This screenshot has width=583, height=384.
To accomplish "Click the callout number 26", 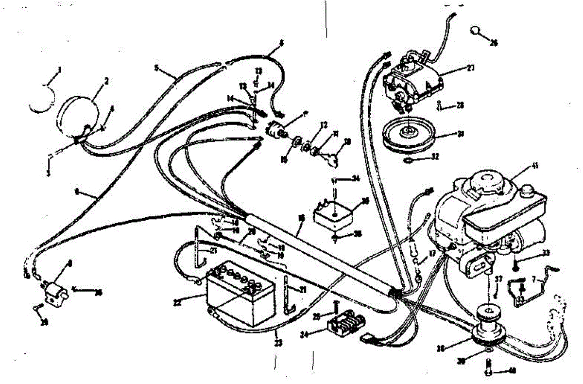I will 494,43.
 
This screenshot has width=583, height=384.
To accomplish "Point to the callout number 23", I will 277,343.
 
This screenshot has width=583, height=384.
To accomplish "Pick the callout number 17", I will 432,252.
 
